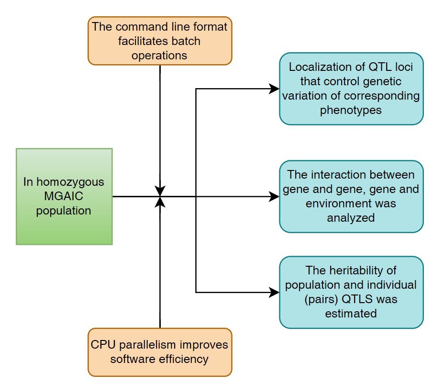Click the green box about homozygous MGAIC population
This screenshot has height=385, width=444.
point(64,196)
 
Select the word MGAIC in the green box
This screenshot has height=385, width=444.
point(63,196)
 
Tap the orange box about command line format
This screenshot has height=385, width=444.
point(159,41)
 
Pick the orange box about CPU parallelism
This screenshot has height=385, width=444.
point(159,352)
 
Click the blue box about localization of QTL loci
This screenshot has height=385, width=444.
point(351,89)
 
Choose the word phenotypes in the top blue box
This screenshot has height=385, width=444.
point(351,110)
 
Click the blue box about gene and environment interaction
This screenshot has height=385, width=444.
point(351,196)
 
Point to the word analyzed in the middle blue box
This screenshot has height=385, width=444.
point(351,218)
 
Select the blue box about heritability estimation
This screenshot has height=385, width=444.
point(351,292)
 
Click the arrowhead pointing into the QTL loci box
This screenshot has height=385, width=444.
point(275,89)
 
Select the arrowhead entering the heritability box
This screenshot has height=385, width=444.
point(275,292)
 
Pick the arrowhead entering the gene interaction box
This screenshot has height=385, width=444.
point(275,196)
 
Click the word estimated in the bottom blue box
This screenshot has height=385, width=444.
point(351,314)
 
